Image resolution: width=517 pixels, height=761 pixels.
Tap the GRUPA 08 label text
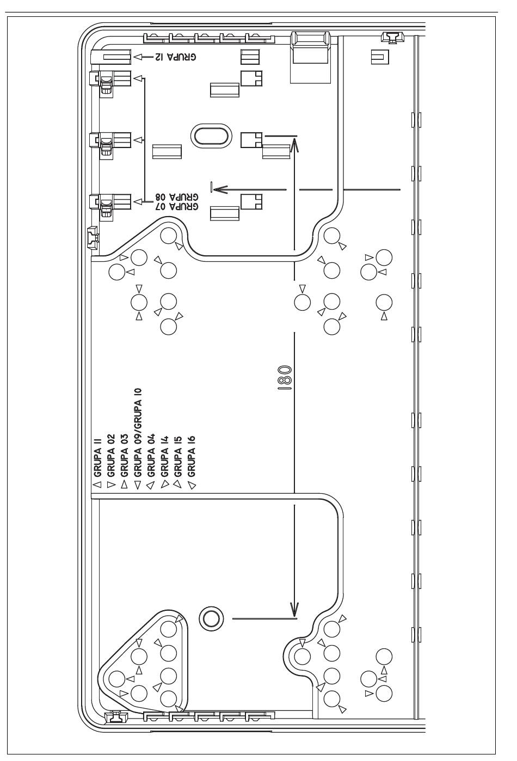tap(177, 197)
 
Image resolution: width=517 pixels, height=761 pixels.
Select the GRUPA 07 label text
tap(177, 206)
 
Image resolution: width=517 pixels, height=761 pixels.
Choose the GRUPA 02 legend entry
tap(111, 456)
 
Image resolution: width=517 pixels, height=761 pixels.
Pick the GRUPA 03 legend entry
tap(124, 456)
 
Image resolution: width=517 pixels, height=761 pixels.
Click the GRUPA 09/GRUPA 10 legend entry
tap(138, 432)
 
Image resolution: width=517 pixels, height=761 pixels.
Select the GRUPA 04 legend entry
tap(151, 456)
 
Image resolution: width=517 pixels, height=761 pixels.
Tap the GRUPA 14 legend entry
tap(164, 456)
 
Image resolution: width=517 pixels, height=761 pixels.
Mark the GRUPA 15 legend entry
tap(177, 456)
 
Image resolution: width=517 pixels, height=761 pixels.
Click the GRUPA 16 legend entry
tap(191, 456)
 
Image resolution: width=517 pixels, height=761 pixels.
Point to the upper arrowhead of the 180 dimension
tap(295, 145)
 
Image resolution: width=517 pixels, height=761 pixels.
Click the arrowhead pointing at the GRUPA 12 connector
tap(138, 57)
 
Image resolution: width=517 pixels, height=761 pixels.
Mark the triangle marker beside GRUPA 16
tap(192, 486)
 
